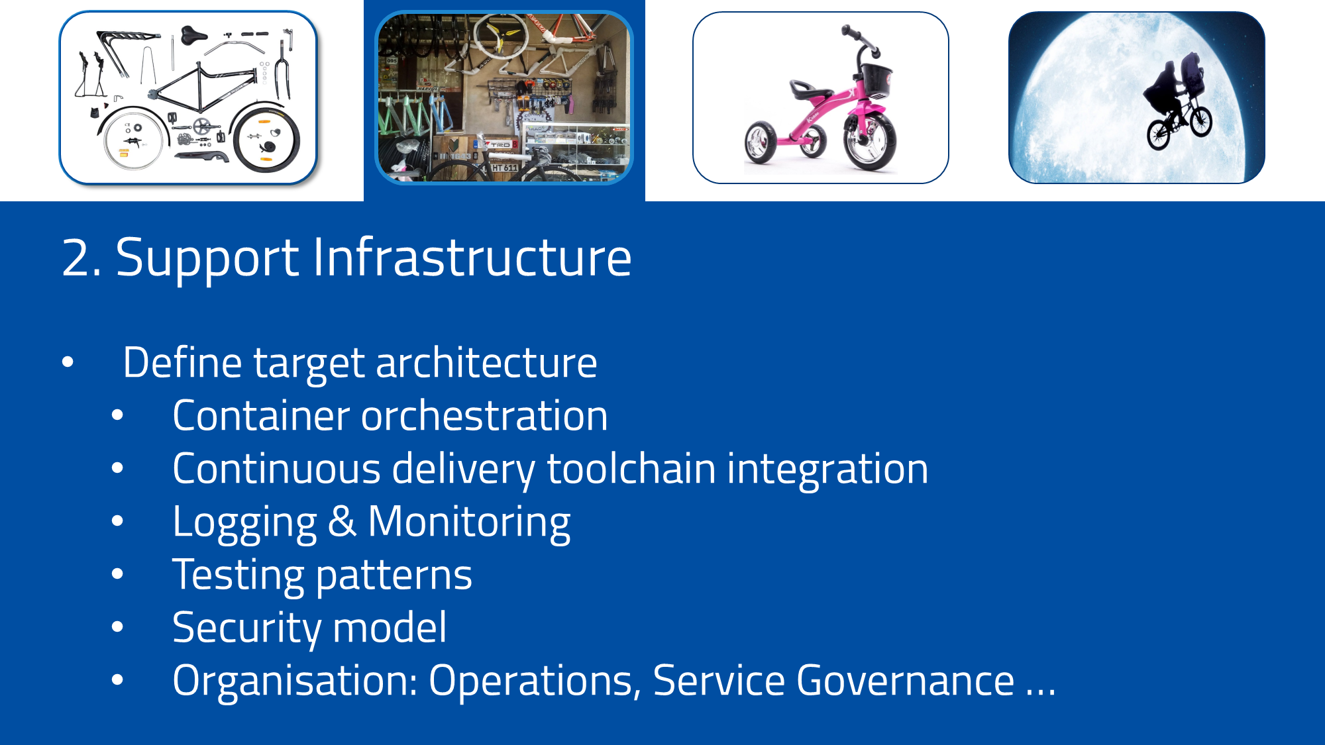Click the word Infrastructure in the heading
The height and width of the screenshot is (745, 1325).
pyautogui.click(x=472, y=258)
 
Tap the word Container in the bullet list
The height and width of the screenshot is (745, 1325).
pyautogui.click(x=260, y=416)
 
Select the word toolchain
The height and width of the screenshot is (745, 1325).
pyautogui.click(x=631, y=469)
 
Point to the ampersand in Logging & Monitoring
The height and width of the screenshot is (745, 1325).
pyautogui.click(x=342, y=522)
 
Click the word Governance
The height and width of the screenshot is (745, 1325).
pyautogui.click(x=905, y=681)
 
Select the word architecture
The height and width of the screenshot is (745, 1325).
pyautogui.click(x=486, y=363)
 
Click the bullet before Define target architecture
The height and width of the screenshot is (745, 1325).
pyautogui.click(x=68, y=362)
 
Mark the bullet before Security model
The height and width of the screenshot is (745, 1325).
pyautogui.click(x=117, y=627)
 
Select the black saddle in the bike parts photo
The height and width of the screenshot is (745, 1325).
pyautogui.click(x=193, y=34)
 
